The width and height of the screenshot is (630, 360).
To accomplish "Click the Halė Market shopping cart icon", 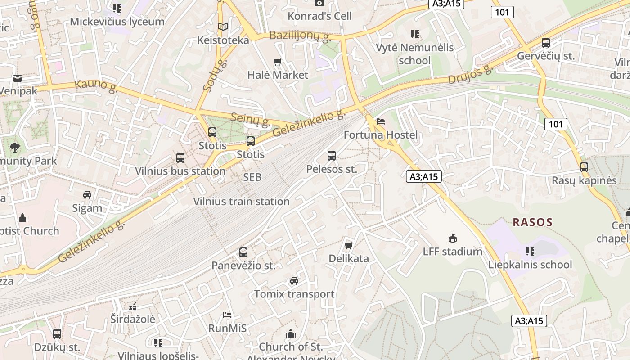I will (278, 62).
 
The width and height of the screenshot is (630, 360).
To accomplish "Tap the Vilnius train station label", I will (241, 202).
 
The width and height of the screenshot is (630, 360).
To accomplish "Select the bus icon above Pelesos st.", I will (332, 156).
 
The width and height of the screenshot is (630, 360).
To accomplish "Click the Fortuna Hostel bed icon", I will (381, 121).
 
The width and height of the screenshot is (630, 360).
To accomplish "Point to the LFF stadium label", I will (452, 252).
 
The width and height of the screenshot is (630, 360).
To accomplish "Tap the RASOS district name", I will (532, 222).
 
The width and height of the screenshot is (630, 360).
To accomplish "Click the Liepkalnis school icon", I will (530, 251).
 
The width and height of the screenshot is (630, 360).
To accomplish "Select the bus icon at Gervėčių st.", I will (546, 43).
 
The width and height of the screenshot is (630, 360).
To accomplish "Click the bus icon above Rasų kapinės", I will (584, 167).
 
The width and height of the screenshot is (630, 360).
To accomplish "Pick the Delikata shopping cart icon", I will (348, 245).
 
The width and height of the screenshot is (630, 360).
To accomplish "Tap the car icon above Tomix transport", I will (294, 281).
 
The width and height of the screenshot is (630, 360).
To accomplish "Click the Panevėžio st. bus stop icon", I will (243, 252).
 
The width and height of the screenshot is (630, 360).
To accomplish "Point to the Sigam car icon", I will (87, 195).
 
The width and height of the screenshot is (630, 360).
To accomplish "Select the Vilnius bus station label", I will (180, 171).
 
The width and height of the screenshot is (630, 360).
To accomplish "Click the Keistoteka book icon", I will (223, 27).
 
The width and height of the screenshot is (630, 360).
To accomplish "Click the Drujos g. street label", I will (470, 75).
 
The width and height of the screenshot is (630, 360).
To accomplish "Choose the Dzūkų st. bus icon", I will (57, 334).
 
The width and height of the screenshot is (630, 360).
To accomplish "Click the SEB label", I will (252, 177).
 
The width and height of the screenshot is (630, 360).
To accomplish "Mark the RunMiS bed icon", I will (227, 315).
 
